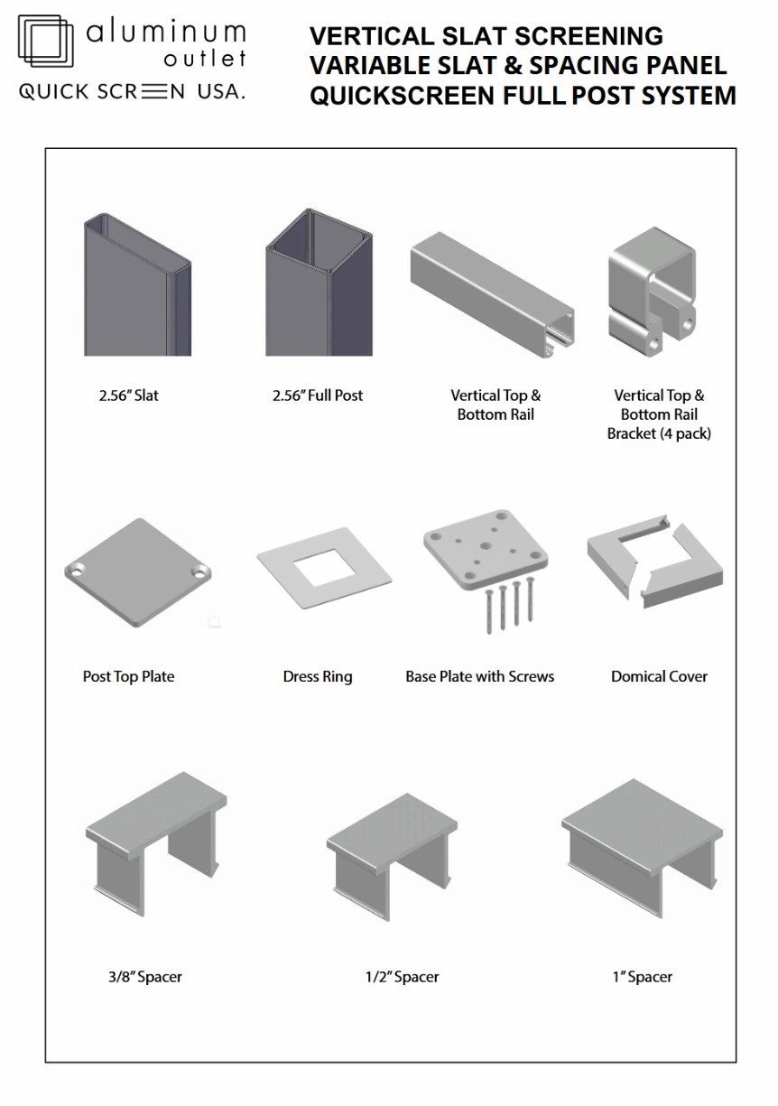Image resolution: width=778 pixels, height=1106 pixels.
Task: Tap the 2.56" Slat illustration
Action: (137, 285)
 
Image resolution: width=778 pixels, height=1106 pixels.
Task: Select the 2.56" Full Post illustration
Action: (318, 283)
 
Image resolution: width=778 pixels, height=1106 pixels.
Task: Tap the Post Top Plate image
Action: (138, 574)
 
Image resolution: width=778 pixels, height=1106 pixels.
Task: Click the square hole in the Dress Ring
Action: (323, 566)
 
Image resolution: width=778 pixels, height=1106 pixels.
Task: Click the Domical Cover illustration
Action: (654, 562)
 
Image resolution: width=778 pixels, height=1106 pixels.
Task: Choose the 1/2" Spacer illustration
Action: (394, 857)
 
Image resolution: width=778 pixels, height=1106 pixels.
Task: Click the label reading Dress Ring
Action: (318, 676)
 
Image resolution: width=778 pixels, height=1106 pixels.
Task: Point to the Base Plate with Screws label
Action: (480, 676)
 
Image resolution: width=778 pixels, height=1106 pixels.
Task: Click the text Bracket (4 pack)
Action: (659, 433)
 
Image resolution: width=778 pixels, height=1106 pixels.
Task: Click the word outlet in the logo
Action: (205, 60)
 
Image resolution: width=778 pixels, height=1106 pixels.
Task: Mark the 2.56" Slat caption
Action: (129, 395)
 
